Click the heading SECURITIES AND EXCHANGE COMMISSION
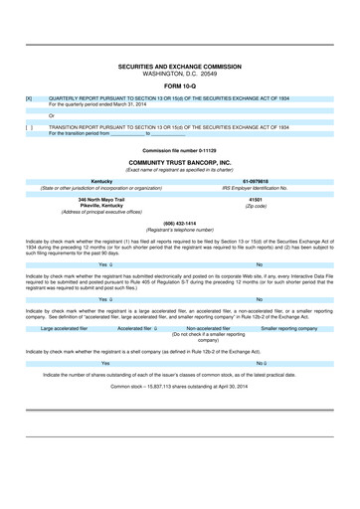click(x=179, y=67)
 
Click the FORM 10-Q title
click(x=179, y=85)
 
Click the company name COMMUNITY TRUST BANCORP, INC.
click(x=179, y=160)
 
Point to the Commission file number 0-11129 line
click(x=179, y=149)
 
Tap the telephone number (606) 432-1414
click(x=179, y=223)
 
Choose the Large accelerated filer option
click(x=68, y=327)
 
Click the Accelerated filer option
click(x=137, y=327)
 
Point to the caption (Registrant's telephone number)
click(x=179, y=230)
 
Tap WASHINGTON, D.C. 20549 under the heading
click(x=179, y=74)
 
